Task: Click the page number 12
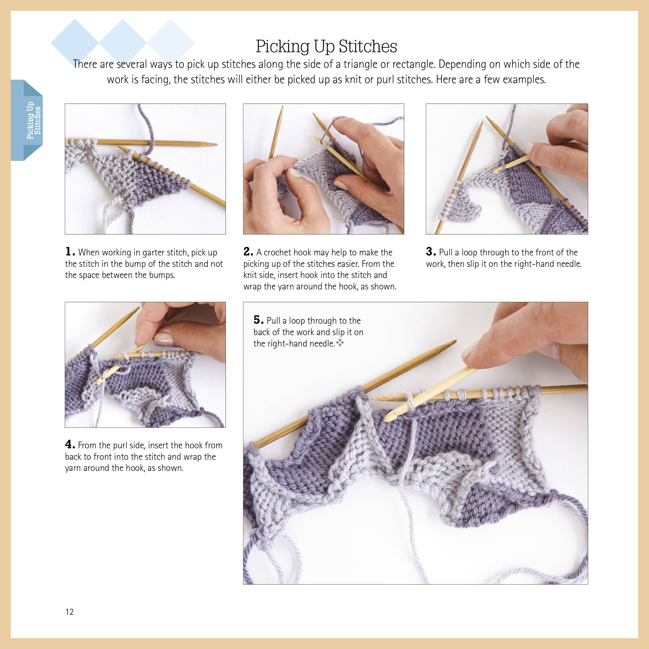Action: [x=70, y=612]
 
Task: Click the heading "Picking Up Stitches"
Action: [x=326, y=46]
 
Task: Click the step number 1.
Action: [x=70, y=252]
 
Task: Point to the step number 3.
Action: [x=431, y=252]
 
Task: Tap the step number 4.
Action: [x=70, y=444]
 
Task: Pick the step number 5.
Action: [x=258, y=320]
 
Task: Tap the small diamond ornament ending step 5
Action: [x=340, y=343]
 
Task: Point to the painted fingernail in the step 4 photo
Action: [x=164, y=339]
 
